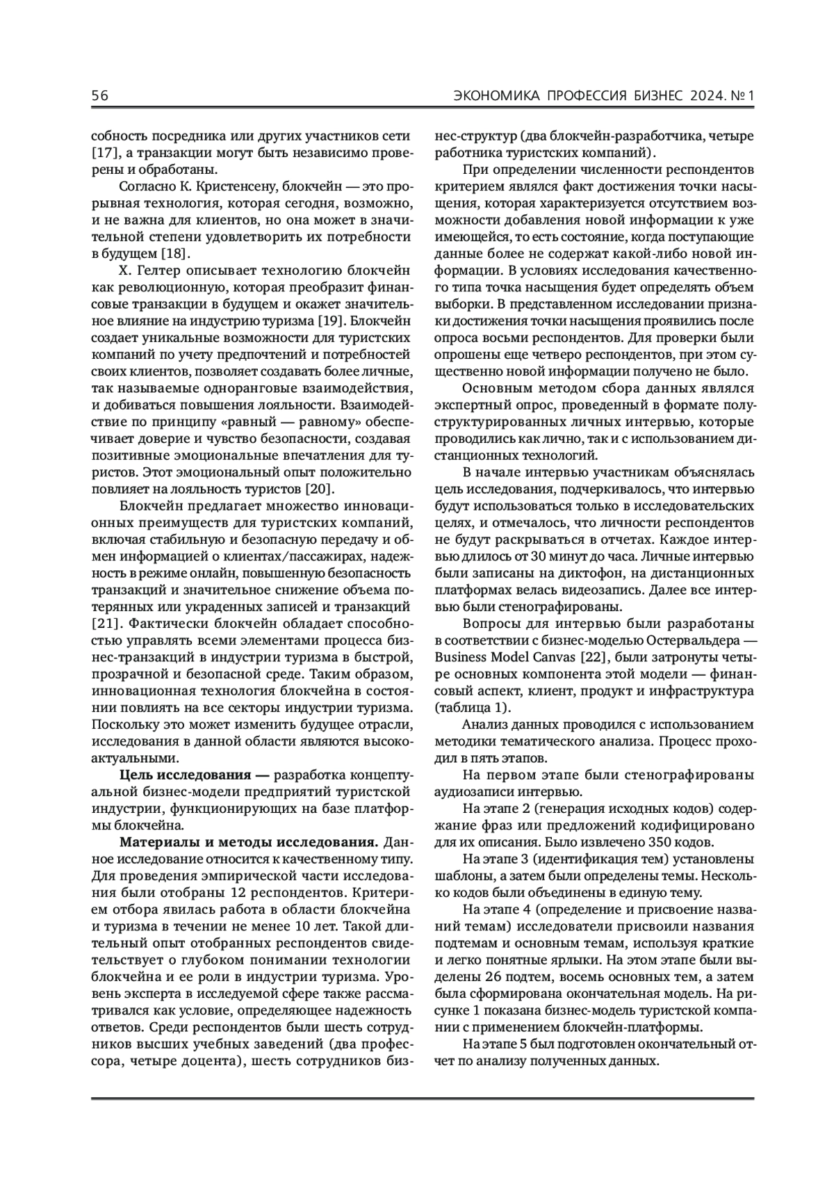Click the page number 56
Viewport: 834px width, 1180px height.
[100, 95]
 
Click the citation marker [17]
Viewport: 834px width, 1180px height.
[104, 152]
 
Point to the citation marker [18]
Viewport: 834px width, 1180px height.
[176, 254]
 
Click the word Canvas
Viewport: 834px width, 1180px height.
[553, 658]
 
